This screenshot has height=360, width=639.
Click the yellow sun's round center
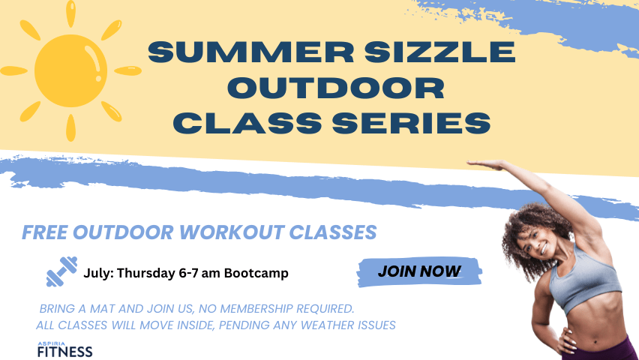[70, 70]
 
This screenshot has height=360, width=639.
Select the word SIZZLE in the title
[439, 52]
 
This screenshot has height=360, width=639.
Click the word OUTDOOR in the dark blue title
[336, 88]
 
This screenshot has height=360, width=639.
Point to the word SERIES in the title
[412, 123]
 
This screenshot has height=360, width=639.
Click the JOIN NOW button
[419, 271]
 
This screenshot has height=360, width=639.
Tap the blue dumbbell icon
[62, 271]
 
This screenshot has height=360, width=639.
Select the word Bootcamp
[256, 273]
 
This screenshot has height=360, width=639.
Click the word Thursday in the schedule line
[146, 273]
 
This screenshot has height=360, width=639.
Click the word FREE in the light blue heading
[44, 232]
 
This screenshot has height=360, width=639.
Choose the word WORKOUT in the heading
[232, 232]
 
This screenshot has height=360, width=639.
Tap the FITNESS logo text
[64, 352]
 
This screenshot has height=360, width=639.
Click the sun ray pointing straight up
[71, 13]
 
